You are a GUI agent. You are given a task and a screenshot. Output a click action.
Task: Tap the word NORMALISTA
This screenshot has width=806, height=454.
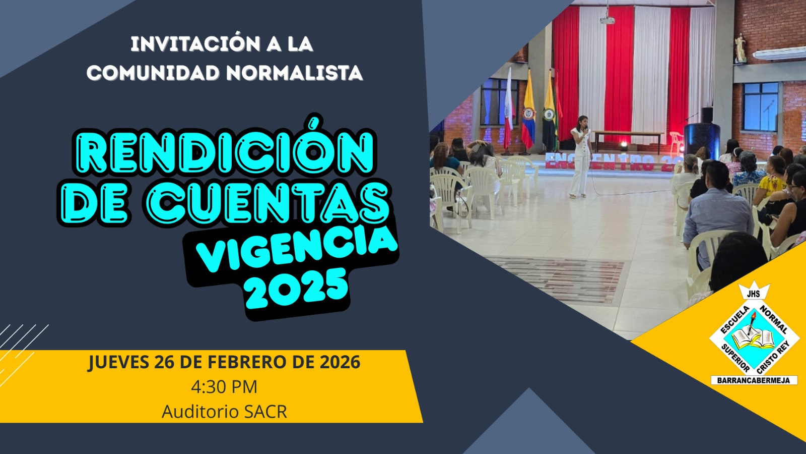click(294, 73)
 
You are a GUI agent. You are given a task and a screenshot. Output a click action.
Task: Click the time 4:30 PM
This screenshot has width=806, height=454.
click(224, 387)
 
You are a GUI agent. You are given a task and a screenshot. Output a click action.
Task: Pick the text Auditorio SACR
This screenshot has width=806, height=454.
click(224, 412)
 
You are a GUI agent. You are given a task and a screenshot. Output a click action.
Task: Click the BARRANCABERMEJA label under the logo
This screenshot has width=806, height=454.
click(754, 380)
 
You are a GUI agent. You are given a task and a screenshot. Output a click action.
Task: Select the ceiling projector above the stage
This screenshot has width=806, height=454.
click(608, 20)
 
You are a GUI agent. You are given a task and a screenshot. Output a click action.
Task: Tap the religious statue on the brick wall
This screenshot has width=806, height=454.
click(740, 48)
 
